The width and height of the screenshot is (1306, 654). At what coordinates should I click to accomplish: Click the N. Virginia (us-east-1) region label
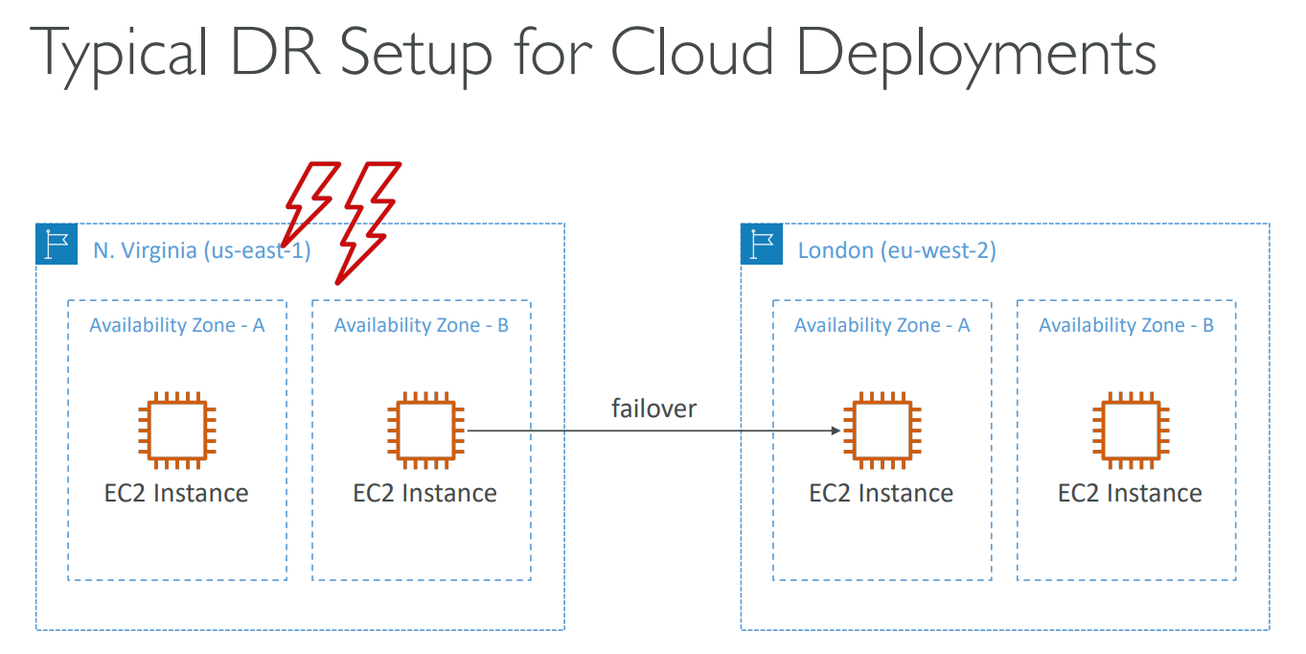[x=201, y=251]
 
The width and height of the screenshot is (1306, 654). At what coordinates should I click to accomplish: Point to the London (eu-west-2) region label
[x=897, y=251]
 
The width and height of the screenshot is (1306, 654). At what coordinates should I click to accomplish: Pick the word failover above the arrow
[x=653, y=409]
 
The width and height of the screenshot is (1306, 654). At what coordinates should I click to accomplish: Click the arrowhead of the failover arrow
[x=836, y=432]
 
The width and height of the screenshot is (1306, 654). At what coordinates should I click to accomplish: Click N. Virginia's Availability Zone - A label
[x=177, y=325]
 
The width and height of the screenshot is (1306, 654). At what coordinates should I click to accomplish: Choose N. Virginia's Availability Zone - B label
[x=422, y=325]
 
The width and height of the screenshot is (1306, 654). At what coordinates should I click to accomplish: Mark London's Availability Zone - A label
[x=882, y=325]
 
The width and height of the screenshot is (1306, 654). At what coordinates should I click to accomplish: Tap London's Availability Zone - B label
[x=1126, y=325]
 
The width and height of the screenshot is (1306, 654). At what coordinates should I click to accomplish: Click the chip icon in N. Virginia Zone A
[x=177, y=431]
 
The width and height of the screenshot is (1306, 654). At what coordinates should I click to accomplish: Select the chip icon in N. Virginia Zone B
[x=425, y=431]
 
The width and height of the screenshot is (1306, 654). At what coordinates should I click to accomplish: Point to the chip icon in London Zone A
[x=882, y=431]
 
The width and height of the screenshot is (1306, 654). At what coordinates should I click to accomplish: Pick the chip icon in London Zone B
[x=1130, y=431]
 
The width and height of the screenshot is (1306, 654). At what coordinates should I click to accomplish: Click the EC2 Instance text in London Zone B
[x=1130, y=494]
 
